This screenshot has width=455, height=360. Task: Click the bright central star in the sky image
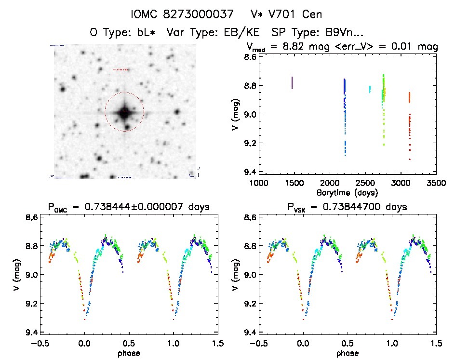click(124, 112)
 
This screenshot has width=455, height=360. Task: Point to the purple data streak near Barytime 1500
click(292, 82)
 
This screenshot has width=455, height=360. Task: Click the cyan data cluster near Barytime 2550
click(370, 89)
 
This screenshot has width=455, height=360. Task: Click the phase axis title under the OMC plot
click(128, 353)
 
